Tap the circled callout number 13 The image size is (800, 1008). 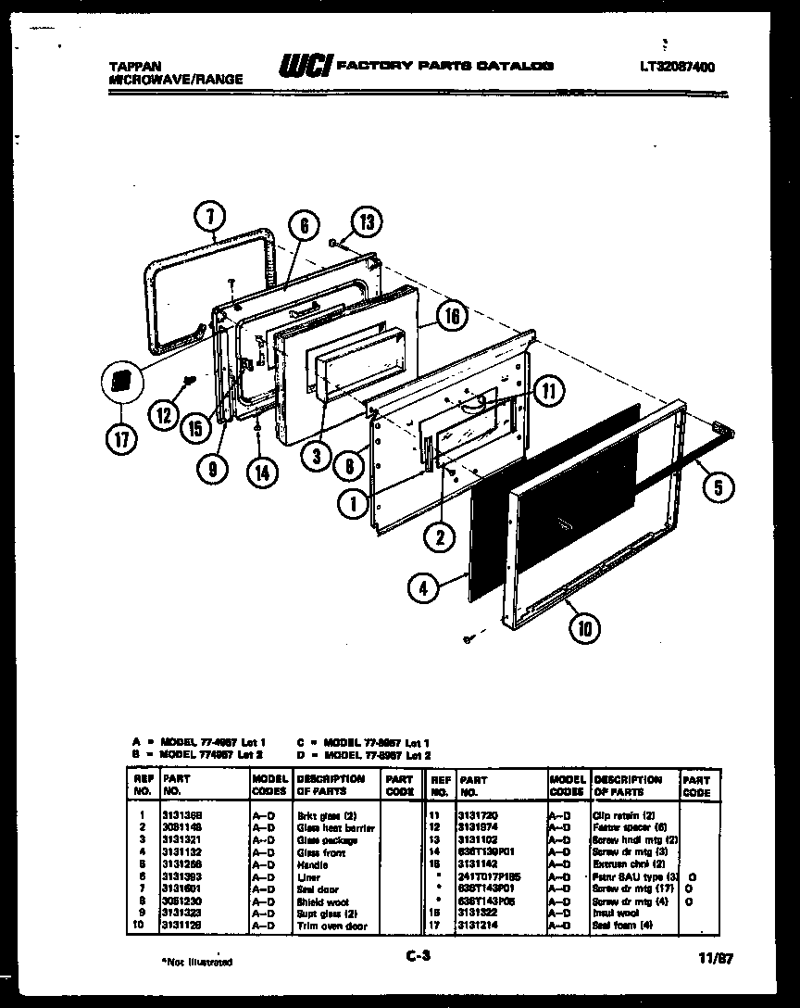366,221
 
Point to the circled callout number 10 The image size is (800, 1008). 583,629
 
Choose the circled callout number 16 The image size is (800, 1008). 450,316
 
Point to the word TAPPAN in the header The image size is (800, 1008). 134,67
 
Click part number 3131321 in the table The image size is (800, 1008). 181,839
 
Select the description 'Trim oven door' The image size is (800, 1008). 331,926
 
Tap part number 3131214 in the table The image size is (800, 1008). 478,926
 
